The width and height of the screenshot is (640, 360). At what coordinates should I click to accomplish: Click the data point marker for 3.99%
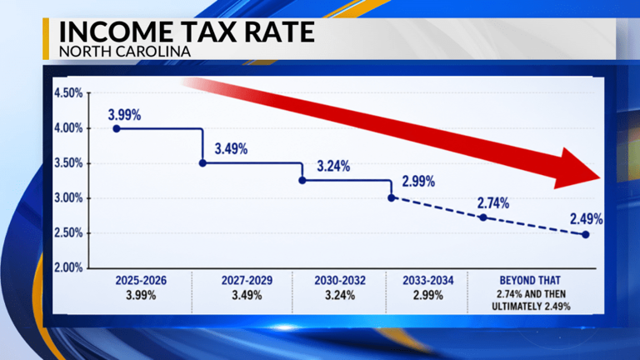[117, 128]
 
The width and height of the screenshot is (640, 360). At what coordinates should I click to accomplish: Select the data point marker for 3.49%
[202, 163]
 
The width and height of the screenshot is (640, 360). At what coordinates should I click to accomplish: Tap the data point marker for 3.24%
[302, 180]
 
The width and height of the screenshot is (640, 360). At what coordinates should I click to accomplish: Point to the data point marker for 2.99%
[392, 198]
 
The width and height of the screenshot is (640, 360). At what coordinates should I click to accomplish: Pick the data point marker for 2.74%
[483, 217]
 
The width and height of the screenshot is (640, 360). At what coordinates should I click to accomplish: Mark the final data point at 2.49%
[586, 235]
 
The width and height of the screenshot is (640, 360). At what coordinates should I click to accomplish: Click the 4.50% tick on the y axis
[68, 93]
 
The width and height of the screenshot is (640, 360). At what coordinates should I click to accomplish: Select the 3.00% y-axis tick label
[68, 198]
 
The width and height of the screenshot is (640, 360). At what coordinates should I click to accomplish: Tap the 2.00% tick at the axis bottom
[68, 267]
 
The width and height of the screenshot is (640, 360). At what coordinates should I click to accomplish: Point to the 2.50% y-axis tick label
[68, 233]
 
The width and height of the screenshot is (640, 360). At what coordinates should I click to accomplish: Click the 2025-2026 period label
[141, 280]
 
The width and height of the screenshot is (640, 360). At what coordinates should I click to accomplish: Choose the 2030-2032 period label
[340, 280]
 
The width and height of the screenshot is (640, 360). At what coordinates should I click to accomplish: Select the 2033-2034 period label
[428, 280]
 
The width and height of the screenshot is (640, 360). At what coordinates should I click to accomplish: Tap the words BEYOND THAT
[530, 280]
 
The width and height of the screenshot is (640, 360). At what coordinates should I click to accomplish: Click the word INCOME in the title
[116, 32]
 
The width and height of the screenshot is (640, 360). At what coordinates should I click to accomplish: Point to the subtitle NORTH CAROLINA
[125, 52]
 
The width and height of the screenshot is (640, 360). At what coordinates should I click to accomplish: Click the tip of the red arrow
[600, 178]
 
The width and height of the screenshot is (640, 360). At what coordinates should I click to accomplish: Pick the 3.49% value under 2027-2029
[247, 295]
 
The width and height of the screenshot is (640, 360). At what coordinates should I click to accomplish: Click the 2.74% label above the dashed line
[493, 202]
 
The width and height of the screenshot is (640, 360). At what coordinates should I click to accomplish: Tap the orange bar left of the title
[46, 39]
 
